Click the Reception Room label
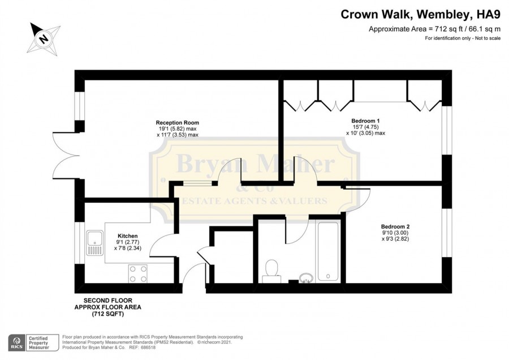pyautogui.click(x=177, y=123)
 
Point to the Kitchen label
pyautogui.click(x=128, y=236)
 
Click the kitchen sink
pyautogui.click(x=94, y=243)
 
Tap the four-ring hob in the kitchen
pyautogui.click(x=138, y=273)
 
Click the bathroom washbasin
pyautogui.click(x=306, y=278)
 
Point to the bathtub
pyautogui.click(x=329, y=251)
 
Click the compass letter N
pyautogui.click(x=43, y=39)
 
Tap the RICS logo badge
pyautogui.click(x=16, y=342)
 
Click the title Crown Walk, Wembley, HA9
pyautogui.click(x=420, y=15)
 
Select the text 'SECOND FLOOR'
pyautogui.click(x=108, y=301)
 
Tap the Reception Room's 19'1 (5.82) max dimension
pyautogui.click(x=177, y=129)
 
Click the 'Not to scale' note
pyautogui.click(x=488, y=38)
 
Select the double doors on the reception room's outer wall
pyautogui.click(x=66, y=156)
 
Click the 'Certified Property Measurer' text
pyautogui.click(x=38, y=343)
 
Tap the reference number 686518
pyautogui.click(x=148, y=348)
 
